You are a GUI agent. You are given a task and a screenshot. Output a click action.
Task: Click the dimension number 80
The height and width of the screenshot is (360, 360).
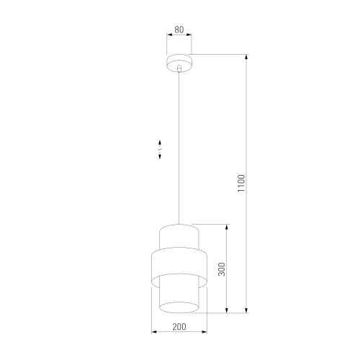pos(179,30)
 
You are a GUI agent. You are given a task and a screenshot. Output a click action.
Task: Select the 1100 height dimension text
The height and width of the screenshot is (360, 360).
pos(242,183)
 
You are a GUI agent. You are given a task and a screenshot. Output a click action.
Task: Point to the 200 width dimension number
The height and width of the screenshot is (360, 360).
pos(179,328)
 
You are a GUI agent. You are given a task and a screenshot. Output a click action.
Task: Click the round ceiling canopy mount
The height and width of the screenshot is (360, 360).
pos(179,61)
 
